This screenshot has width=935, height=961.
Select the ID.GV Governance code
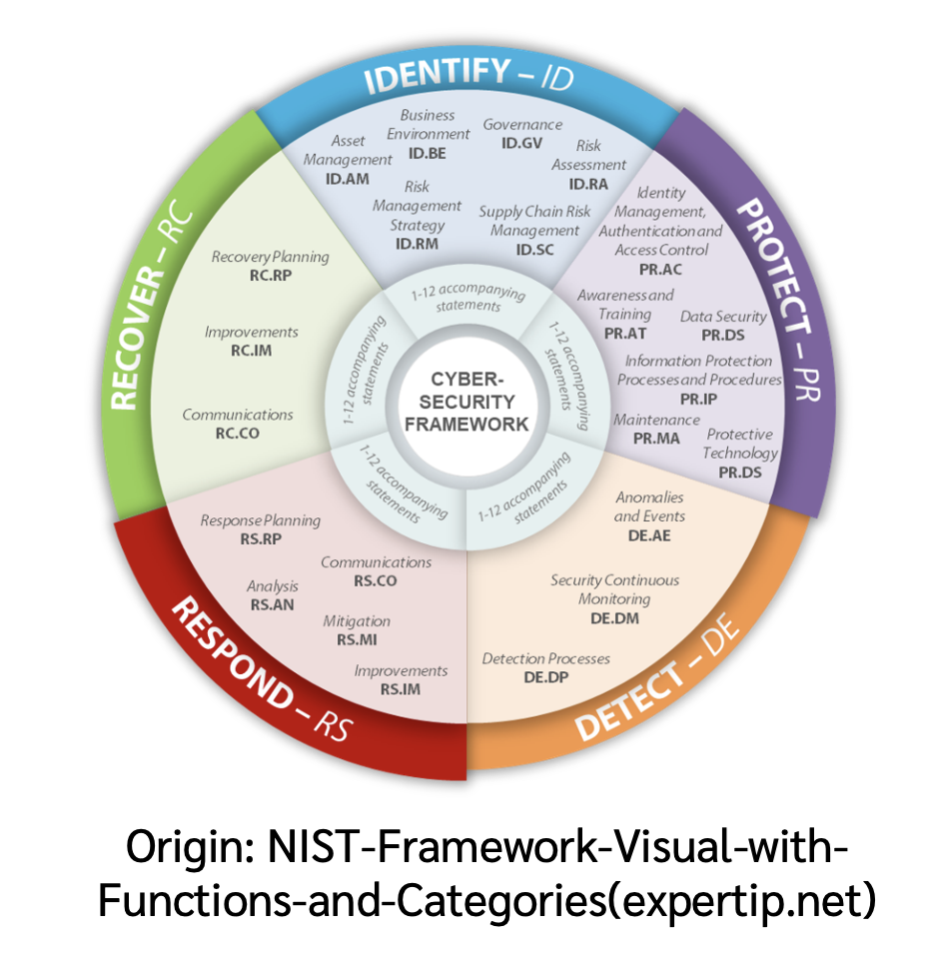point(522,143)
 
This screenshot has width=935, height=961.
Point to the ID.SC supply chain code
point(534,249)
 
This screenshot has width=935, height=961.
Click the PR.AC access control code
point(660,269)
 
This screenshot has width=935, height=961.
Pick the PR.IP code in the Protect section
point(698,398)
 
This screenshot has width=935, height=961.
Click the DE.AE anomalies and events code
point(649,535)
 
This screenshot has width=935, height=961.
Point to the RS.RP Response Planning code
point(261,538)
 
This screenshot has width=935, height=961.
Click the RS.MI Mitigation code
point(357,639)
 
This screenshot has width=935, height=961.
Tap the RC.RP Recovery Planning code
point(270,275)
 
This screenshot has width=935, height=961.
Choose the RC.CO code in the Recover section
point(237,433)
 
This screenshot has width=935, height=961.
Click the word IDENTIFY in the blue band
point(438,76)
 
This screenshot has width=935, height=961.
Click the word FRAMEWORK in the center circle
point(467,423)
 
